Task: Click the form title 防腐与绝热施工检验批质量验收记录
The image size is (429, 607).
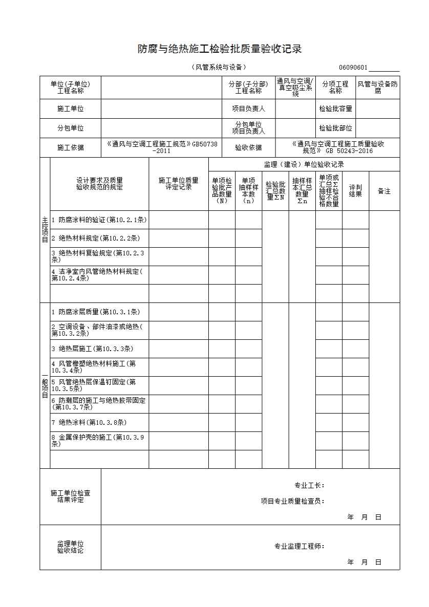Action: tap(219, 49)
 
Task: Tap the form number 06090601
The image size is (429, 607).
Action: tap(353, 68)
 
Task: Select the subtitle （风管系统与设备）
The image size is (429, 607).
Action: tap(219, 67)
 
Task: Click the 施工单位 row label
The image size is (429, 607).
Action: tap(71, 109)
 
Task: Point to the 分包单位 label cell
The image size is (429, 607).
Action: tap(71, 128)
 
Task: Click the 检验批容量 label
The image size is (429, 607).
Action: tap(335, 109)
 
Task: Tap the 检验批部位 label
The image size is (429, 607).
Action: tap(335, 128)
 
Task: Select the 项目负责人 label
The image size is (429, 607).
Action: tap(248, 109)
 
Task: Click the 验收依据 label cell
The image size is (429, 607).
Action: tap(248, 147)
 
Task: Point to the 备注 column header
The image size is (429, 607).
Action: tap(384, 191)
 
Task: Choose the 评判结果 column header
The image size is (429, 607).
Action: tap(355, 191)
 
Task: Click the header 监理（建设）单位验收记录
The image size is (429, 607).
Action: tap(304, 164)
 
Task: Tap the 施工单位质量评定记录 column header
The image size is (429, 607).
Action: tap(178, 184)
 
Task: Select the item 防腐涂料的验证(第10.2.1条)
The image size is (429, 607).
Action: tap(99, 220)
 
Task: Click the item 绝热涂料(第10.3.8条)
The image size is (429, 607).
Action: tap(89, 422)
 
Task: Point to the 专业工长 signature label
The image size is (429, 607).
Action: tap(309, 485)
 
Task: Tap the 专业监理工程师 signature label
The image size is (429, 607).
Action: tap(299, 546)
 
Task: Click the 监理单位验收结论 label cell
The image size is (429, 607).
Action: tap(71, 547)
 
